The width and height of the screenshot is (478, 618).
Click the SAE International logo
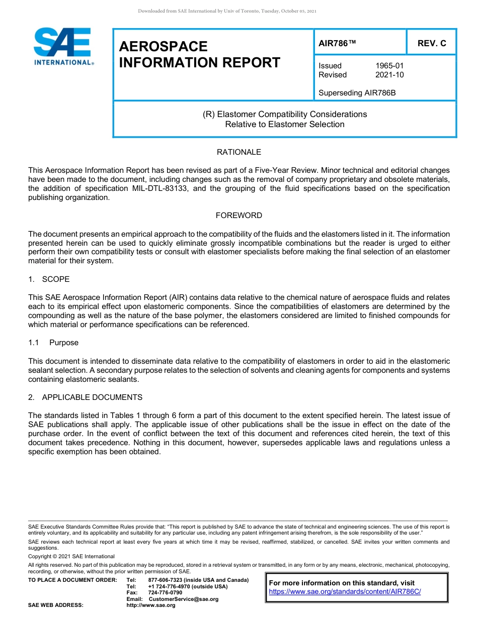click(63, 47)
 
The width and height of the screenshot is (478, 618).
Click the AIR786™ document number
click(337, 43)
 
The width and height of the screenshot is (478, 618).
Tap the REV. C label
click(432, 43)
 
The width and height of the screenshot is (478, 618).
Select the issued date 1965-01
click(389, 66)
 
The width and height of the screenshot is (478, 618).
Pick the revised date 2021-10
click(389, 75)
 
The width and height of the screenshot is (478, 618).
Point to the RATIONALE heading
click(238, 152)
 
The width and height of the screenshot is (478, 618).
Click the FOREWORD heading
click(238, 216)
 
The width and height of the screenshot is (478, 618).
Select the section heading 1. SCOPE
click(49, 279)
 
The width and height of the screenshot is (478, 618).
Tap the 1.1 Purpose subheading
click(53, 343)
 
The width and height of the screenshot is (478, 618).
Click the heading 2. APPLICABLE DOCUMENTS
click(85, 397)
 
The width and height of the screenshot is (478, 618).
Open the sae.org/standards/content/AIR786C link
click(345, 592)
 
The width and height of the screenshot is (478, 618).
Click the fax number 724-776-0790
click(165, 593)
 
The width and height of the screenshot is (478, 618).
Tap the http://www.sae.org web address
click(150, 605)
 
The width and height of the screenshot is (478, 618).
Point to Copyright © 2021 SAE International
click(71, 556)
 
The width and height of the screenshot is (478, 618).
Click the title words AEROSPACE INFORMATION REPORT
click(199, 54)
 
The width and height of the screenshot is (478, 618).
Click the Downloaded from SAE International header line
click(227, 11)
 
